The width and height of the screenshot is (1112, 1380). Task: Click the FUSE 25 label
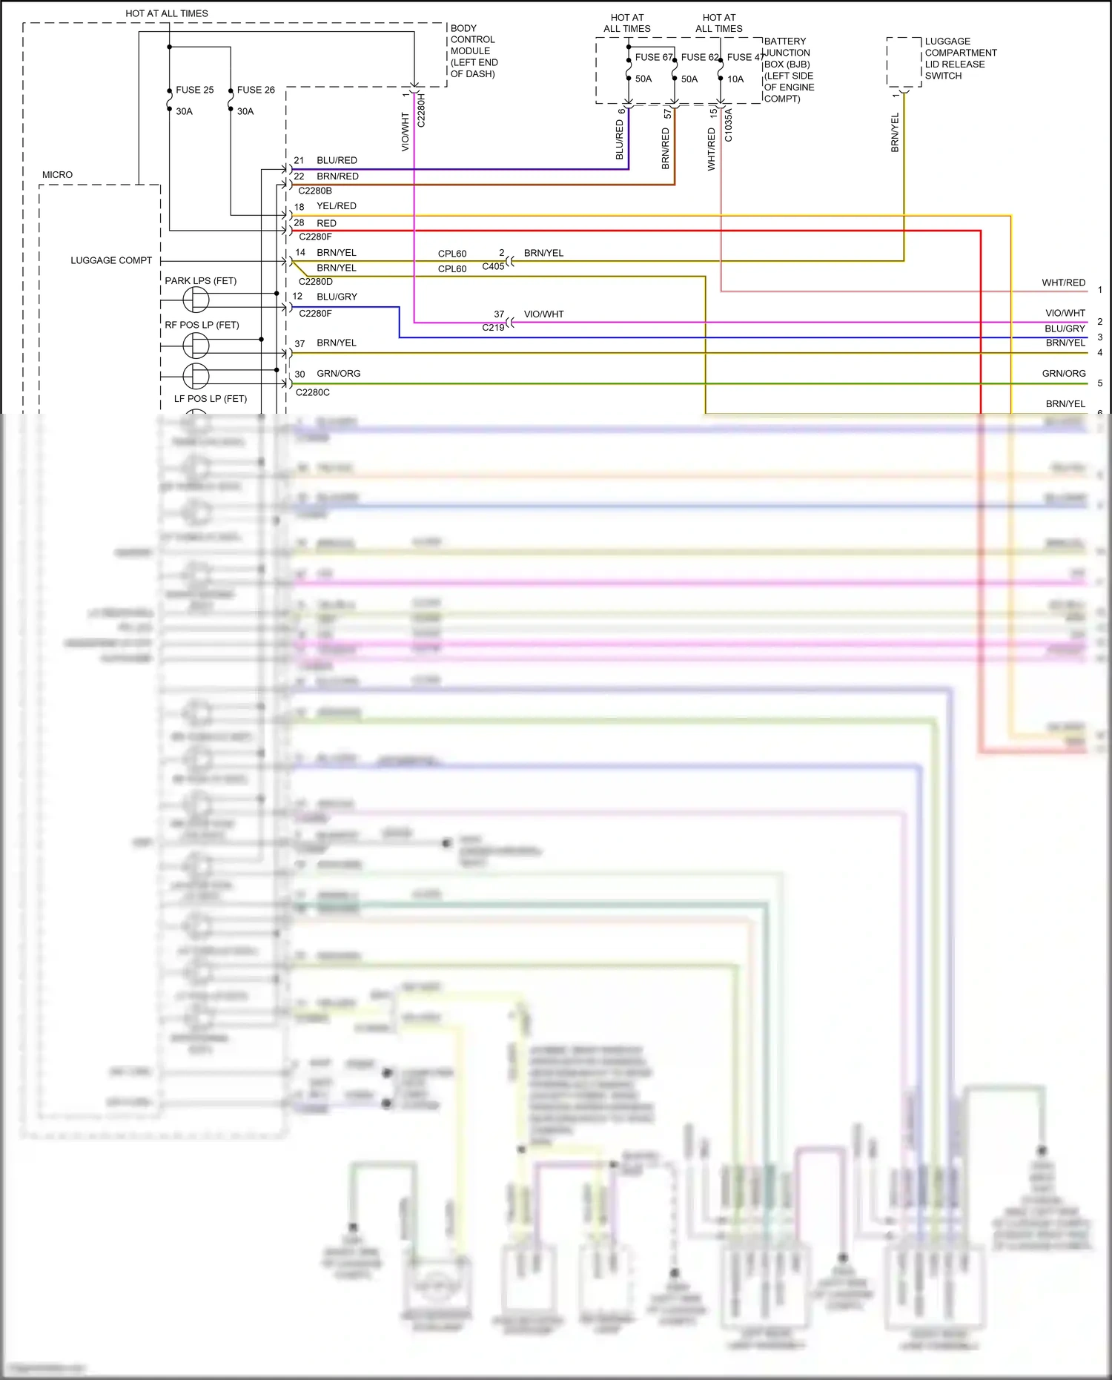point(194,90)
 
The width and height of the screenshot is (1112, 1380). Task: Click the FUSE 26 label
point(256,90)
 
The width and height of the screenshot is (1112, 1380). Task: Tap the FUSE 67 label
point(653,57)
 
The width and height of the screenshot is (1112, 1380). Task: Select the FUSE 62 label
point(700,57)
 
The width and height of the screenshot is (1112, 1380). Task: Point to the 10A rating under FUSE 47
point(735,79)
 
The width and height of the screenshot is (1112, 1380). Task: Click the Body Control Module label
point(474,51)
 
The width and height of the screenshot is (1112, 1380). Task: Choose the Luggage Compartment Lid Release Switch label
point(960,59)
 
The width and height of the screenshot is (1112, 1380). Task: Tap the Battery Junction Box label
point(789,70)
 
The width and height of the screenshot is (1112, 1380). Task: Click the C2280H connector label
point(421,110)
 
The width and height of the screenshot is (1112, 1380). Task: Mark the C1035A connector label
point(728,125)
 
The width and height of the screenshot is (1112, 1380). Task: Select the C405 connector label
point(493,266)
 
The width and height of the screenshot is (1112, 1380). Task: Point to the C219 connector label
point(493,327)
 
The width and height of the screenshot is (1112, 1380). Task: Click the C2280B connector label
point(315,191)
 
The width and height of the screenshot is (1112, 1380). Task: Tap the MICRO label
point(57,175)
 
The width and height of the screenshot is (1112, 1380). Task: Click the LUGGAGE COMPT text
point(111,260)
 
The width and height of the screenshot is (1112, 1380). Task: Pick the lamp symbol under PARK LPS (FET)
point(196,300)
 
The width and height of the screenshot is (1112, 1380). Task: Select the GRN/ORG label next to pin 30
point(338,374)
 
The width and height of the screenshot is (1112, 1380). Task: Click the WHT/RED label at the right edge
point(1063,283)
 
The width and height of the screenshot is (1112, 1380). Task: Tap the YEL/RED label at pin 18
point(337,206)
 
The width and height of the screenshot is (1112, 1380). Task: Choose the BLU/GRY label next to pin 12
point(337,297)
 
